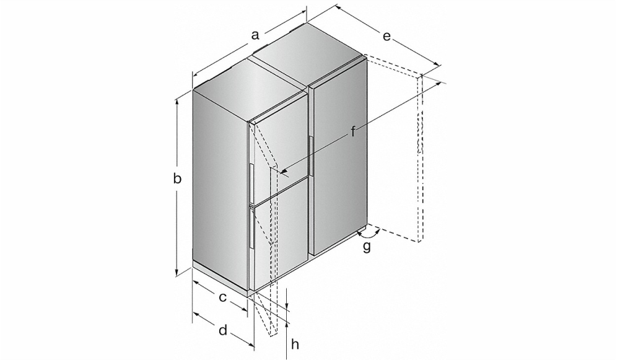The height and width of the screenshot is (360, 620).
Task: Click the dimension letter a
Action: [x=255, y=35]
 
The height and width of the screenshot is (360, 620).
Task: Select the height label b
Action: [x=177, y=178]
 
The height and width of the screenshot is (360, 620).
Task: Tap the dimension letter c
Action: [x=223, y=297]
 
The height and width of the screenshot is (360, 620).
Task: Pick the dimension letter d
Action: [x=223, y=330]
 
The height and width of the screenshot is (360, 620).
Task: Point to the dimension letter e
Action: [x=386, y=37]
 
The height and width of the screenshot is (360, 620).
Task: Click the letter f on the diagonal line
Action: [x=353, y=131]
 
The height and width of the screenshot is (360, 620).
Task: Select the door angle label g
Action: [x=367, y=247]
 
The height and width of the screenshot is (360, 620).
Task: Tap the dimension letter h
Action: [x=295, y=344]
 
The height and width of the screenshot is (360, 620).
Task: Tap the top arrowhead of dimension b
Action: [x=177, y=102]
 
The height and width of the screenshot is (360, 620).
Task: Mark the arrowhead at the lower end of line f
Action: [x=284, y=170]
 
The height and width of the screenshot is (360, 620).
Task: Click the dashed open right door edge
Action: [x=420, y=158]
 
